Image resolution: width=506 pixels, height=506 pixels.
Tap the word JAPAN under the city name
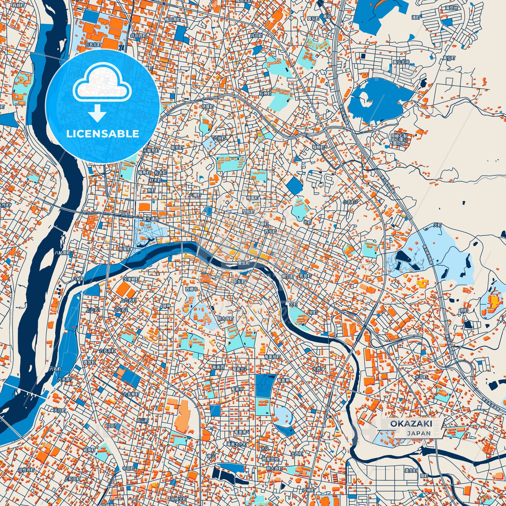pos(419,433)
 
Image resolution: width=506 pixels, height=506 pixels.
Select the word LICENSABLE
pos(103,134)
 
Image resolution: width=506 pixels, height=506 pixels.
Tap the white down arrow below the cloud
pos(97,113)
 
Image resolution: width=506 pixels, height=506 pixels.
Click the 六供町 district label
pos(220,139)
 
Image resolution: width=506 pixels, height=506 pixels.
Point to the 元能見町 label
pos(151,150)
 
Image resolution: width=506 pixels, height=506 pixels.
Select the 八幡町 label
pos(195,195)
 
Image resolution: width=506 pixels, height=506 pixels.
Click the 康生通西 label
pos(150,219)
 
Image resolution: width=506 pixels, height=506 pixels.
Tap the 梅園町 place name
pos(252,198)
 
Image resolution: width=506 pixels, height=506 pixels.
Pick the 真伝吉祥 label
pos(401,62)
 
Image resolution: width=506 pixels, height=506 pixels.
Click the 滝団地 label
pos(451,8)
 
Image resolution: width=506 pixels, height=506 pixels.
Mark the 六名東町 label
pos(131,394)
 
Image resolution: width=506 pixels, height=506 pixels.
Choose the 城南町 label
pos(89,450)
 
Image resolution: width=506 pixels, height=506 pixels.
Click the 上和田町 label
pos(72,479)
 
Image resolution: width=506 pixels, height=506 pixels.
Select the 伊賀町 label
pos(208,106)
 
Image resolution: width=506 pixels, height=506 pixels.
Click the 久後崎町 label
pos(131,279)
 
